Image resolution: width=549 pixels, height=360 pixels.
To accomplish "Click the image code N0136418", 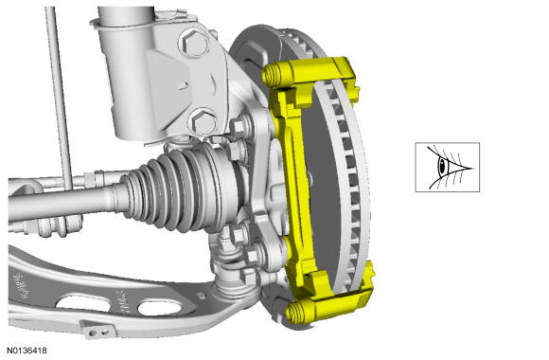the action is [x=27, y=351].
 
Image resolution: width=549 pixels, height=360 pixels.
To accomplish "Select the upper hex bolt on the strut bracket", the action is [x=194, y=44].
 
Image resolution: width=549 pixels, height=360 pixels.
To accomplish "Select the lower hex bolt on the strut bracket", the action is [x=204, y=122].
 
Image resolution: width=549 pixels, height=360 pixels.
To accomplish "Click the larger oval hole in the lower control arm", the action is [x=83, y=303].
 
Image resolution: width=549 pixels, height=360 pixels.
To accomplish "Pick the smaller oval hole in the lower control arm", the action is [x=160, y=308].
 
